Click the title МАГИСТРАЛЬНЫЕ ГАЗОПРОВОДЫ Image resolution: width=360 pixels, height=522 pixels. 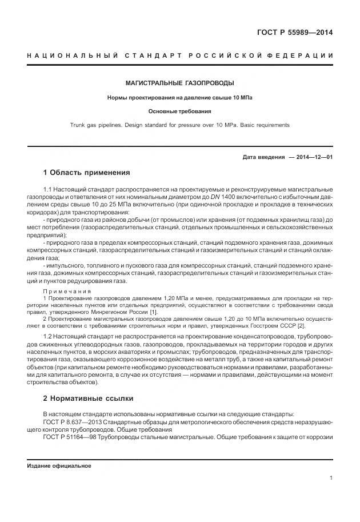coord(179,83)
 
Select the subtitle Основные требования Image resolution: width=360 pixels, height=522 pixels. coord(179,111)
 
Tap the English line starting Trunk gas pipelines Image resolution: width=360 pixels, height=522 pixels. coord(179,125)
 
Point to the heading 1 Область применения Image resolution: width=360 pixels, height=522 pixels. coord(86,172)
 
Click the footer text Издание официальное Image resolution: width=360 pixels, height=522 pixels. coord(59,465)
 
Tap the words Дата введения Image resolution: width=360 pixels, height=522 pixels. coord(263,156)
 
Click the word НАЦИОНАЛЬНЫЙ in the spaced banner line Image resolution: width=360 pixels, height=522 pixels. coord(72,55)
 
